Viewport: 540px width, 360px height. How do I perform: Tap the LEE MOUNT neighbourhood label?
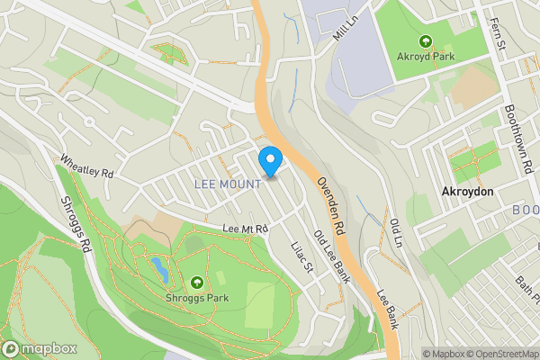(228, 184)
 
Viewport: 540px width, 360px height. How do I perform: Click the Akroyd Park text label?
(426, 56)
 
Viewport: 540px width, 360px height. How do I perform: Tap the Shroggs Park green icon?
(196, 283)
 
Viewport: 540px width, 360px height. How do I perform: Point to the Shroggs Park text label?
(196, 298)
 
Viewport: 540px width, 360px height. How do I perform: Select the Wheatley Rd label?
(87, 166)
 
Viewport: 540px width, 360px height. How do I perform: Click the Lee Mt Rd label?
(246, 229)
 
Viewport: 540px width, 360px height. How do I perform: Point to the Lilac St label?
(301, 256)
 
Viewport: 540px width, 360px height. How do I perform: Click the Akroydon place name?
(467, 192)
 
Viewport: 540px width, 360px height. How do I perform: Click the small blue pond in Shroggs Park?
(158, 267)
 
